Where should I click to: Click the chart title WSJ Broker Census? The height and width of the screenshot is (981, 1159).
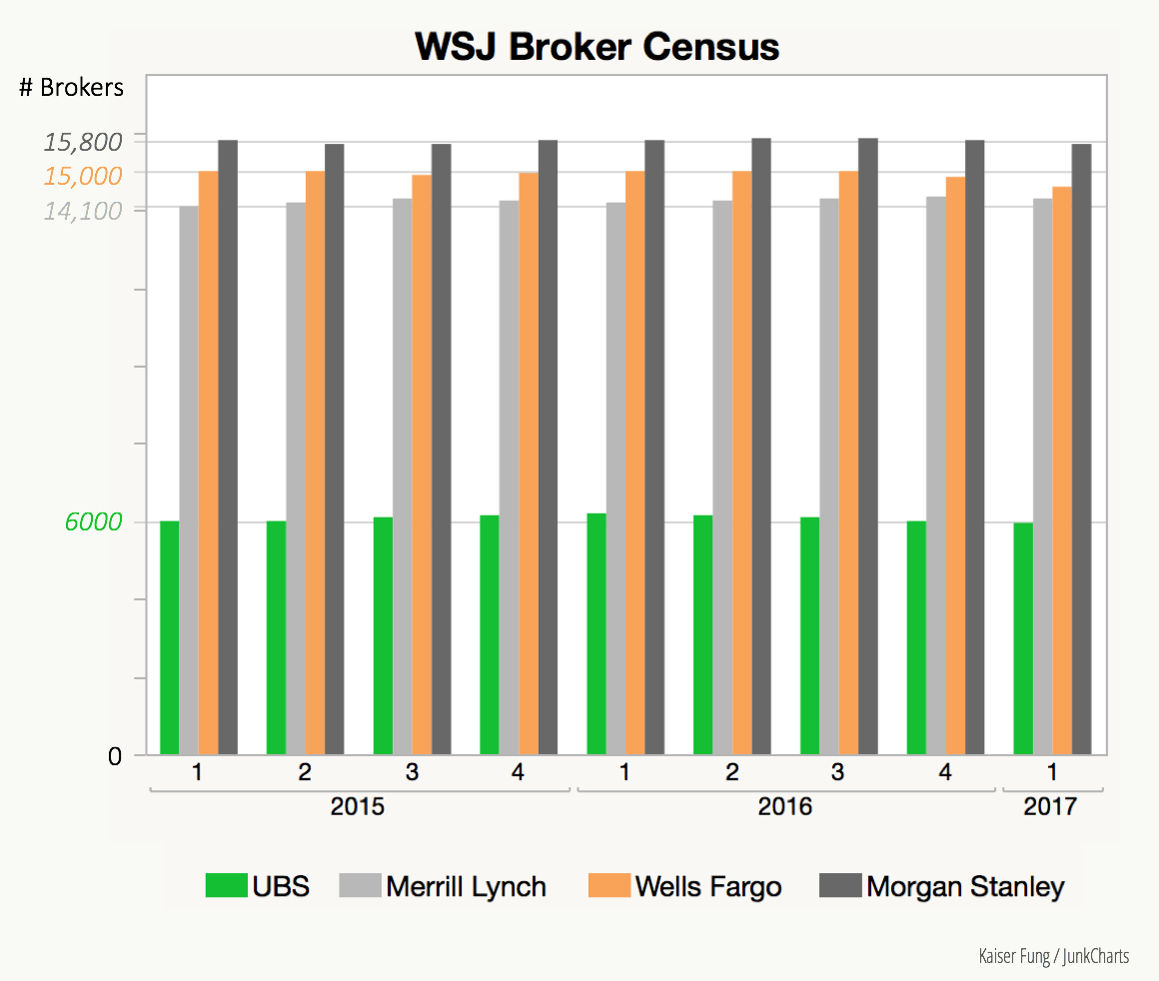tap(596, 47)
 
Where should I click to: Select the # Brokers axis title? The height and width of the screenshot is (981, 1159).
tap(72, 88)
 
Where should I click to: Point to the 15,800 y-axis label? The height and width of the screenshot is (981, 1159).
tap(83, 141)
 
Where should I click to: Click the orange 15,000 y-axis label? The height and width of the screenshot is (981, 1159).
tap(83, 176)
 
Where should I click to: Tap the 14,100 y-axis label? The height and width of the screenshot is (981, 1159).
tap(83, 211)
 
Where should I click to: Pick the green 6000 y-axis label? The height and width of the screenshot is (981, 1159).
tap(93, 522)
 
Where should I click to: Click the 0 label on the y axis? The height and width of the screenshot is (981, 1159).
tap(115, 756)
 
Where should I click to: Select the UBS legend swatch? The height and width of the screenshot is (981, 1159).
tap(226, 886)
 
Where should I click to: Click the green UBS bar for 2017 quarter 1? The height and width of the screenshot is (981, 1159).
tap(1023, 639)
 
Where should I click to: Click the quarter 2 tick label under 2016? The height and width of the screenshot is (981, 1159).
tap(731, 772)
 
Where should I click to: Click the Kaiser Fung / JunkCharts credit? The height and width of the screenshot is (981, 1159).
tap(1054, 956)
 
